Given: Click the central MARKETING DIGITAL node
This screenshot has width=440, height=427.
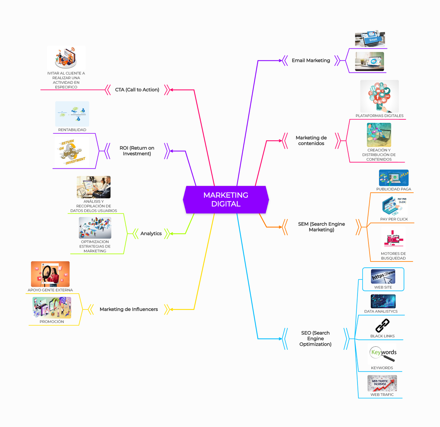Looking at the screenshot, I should coord(226,200).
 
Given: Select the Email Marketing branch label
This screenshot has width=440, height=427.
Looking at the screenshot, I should coord(311,60).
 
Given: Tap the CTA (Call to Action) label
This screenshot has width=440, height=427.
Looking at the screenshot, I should coord(137,90).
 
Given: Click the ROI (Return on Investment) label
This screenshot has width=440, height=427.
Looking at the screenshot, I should coord(137,151).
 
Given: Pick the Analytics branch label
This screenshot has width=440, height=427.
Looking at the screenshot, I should coord(151,234).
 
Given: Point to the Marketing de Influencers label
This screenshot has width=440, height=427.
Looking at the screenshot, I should coord(129,309).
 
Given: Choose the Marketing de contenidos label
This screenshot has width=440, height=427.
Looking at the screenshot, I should coord(311,141).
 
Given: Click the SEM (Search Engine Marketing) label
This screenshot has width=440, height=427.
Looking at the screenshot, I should coord(321,227).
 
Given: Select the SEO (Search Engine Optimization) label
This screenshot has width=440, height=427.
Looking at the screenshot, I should coord(315,338).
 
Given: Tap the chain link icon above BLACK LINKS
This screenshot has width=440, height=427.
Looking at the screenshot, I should coord(382,325).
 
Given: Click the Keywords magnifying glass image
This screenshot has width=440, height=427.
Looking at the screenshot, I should coord(383,354).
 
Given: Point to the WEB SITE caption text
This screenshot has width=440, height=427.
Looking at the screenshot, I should coord(383,287).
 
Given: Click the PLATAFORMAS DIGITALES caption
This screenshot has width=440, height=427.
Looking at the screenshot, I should coord(379,116).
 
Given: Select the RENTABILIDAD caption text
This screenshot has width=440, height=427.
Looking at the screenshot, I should coord(72,130).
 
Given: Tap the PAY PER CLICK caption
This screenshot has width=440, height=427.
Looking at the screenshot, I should coord(394,219).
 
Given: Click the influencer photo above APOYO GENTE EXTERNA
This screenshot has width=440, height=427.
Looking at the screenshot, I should coord(50,274).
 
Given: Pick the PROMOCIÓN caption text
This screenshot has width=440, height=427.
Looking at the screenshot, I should coord(52,322).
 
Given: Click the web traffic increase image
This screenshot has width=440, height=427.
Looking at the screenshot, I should coord(382,383).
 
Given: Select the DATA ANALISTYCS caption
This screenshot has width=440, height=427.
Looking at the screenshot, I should coord(381,311).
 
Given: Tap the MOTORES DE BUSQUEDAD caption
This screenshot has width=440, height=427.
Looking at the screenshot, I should coord(393,256).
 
